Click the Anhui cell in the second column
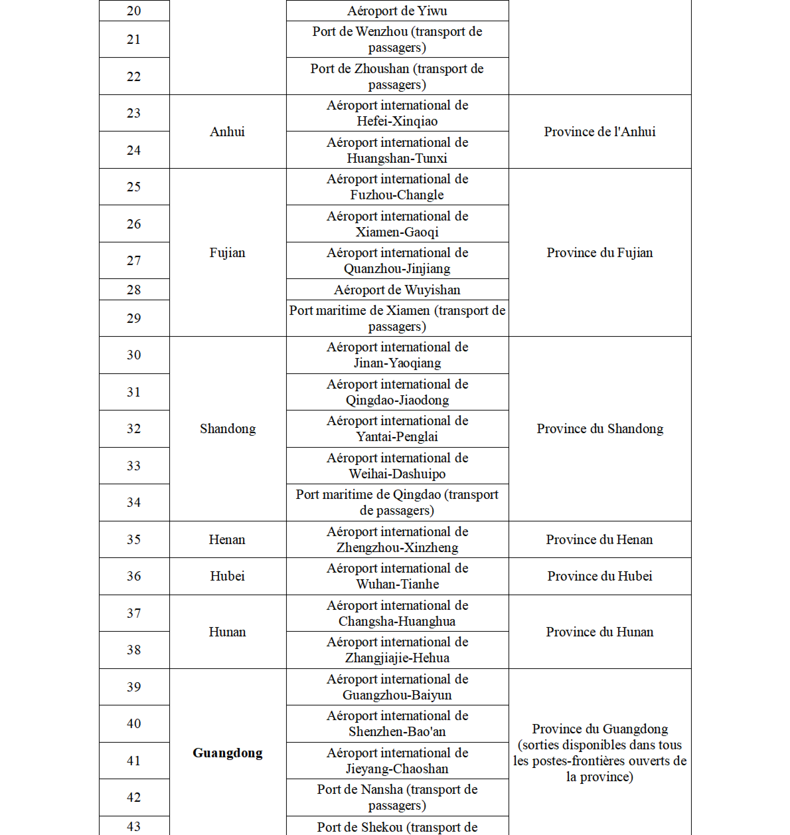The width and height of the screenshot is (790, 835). click(x=227, y=131)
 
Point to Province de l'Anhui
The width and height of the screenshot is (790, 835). click(x=600, y=131)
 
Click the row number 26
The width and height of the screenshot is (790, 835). click(x=134, y=224)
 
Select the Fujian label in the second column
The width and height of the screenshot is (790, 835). click(x=227, y=252)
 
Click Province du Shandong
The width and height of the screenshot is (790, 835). click(x=600, y=428)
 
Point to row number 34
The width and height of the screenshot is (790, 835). click(x=134, y=502)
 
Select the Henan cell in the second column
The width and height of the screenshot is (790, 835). click(x=227, y=539)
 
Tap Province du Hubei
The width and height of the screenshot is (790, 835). click(x=600, y=576)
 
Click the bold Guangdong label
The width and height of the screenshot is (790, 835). click(x=227, y=752)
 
